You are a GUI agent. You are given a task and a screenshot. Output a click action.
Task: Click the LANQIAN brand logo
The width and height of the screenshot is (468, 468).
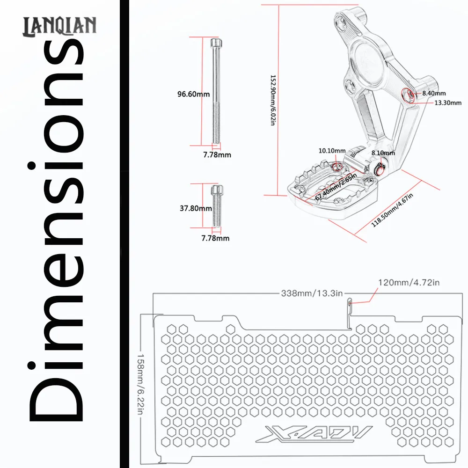60,26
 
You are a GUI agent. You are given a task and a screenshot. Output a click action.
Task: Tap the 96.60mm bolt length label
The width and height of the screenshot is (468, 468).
193,94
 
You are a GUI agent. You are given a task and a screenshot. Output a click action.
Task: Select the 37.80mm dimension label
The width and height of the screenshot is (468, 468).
196,208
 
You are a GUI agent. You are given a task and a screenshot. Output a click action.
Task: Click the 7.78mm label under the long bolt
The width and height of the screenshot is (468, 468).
217,154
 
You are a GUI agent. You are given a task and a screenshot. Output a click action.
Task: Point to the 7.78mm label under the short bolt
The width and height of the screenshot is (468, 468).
215,238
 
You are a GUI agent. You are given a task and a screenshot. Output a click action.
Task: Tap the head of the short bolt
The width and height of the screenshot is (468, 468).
217,190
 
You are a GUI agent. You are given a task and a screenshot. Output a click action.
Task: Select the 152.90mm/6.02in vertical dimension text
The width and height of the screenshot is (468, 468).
273,100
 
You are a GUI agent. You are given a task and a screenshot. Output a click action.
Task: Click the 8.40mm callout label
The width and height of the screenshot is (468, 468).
434,94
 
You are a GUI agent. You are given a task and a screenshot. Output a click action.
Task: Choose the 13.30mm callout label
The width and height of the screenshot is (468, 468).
448,103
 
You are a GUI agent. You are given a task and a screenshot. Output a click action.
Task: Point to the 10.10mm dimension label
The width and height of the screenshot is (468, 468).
332,150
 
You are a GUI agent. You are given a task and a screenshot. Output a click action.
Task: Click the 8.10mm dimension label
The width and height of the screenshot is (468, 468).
383,153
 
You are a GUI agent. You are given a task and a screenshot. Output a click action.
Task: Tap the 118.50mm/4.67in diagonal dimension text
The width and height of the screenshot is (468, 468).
392,210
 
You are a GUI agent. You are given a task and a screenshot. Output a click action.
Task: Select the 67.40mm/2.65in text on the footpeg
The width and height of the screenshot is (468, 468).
336,187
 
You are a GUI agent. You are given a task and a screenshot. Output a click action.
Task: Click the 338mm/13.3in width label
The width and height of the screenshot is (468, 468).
312,293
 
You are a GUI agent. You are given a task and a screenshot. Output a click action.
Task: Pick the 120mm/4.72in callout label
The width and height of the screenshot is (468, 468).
409,282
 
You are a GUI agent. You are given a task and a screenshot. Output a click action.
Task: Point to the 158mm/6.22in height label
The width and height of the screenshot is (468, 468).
140,384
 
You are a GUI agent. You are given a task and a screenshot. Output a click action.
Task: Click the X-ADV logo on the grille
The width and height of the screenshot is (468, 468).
314,433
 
